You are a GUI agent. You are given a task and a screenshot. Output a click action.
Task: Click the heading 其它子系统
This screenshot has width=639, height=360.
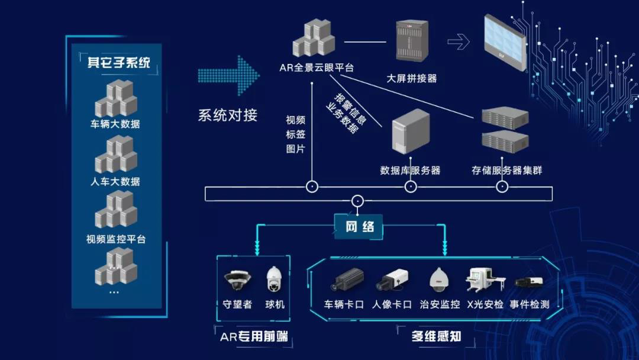click(x=118, y=62)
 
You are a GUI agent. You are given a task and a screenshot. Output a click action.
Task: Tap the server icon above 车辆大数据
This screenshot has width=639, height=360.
click(x=115, y=98)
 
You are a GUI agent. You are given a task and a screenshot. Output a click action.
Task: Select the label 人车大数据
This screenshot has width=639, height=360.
click(x=115, y=181)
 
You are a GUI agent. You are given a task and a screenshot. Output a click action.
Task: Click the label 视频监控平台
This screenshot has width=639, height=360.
click(x=115, y=239)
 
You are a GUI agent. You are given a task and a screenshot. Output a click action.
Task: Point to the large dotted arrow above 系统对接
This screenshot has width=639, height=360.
click(x=228, y=76)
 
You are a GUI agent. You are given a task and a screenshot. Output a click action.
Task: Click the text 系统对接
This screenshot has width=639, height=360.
click(x=228, y=115)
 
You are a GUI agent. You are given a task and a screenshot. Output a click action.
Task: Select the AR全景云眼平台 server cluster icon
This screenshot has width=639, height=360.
click(x=314, y=40)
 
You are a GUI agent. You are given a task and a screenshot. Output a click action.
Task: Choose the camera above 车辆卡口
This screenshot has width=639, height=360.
click(x=346, y=281)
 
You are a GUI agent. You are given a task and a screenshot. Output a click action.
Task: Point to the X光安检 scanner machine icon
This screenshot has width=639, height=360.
click(x=483, y=280)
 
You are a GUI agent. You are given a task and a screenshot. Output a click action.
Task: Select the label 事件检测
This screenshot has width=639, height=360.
click(x=530, y=304)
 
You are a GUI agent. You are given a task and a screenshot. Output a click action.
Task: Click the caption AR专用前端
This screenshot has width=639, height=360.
click(x=254, y=337)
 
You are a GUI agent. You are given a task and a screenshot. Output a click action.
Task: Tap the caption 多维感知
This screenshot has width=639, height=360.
click(x=436, y=337)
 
